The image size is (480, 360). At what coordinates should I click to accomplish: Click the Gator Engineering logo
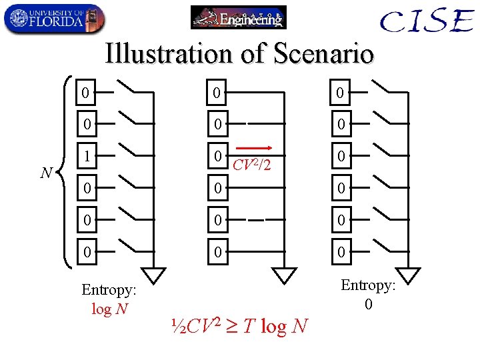point(238,17)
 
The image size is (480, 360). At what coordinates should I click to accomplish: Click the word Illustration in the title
point(170,54)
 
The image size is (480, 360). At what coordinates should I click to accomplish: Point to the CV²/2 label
point(251,163)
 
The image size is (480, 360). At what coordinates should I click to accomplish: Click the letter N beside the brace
point(46,173)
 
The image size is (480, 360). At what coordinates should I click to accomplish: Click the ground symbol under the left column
point(155,275)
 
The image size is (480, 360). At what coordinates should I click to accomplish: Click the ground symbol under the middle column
point(285,275)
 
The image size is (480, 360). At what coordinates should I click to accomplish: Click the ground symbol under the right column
point(409,275)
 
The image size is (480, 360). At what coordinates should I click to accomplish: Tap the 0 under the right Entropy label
point(368,304)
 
